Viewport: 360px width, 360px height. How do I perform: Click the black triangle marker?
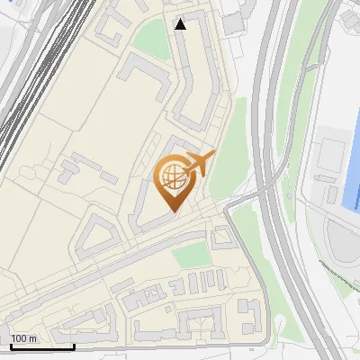[x=181, y=24]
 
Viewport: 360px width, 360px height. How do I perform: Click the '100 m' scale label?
[x=23, y=338]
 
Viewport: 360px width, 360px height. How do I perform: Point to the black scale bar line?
[x=41, y=346]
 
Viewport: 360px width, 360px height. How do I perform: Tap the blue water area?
[x=353, y=162]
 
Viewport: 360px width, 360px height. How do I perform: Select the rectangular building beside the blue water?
[x=328, y=166]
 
